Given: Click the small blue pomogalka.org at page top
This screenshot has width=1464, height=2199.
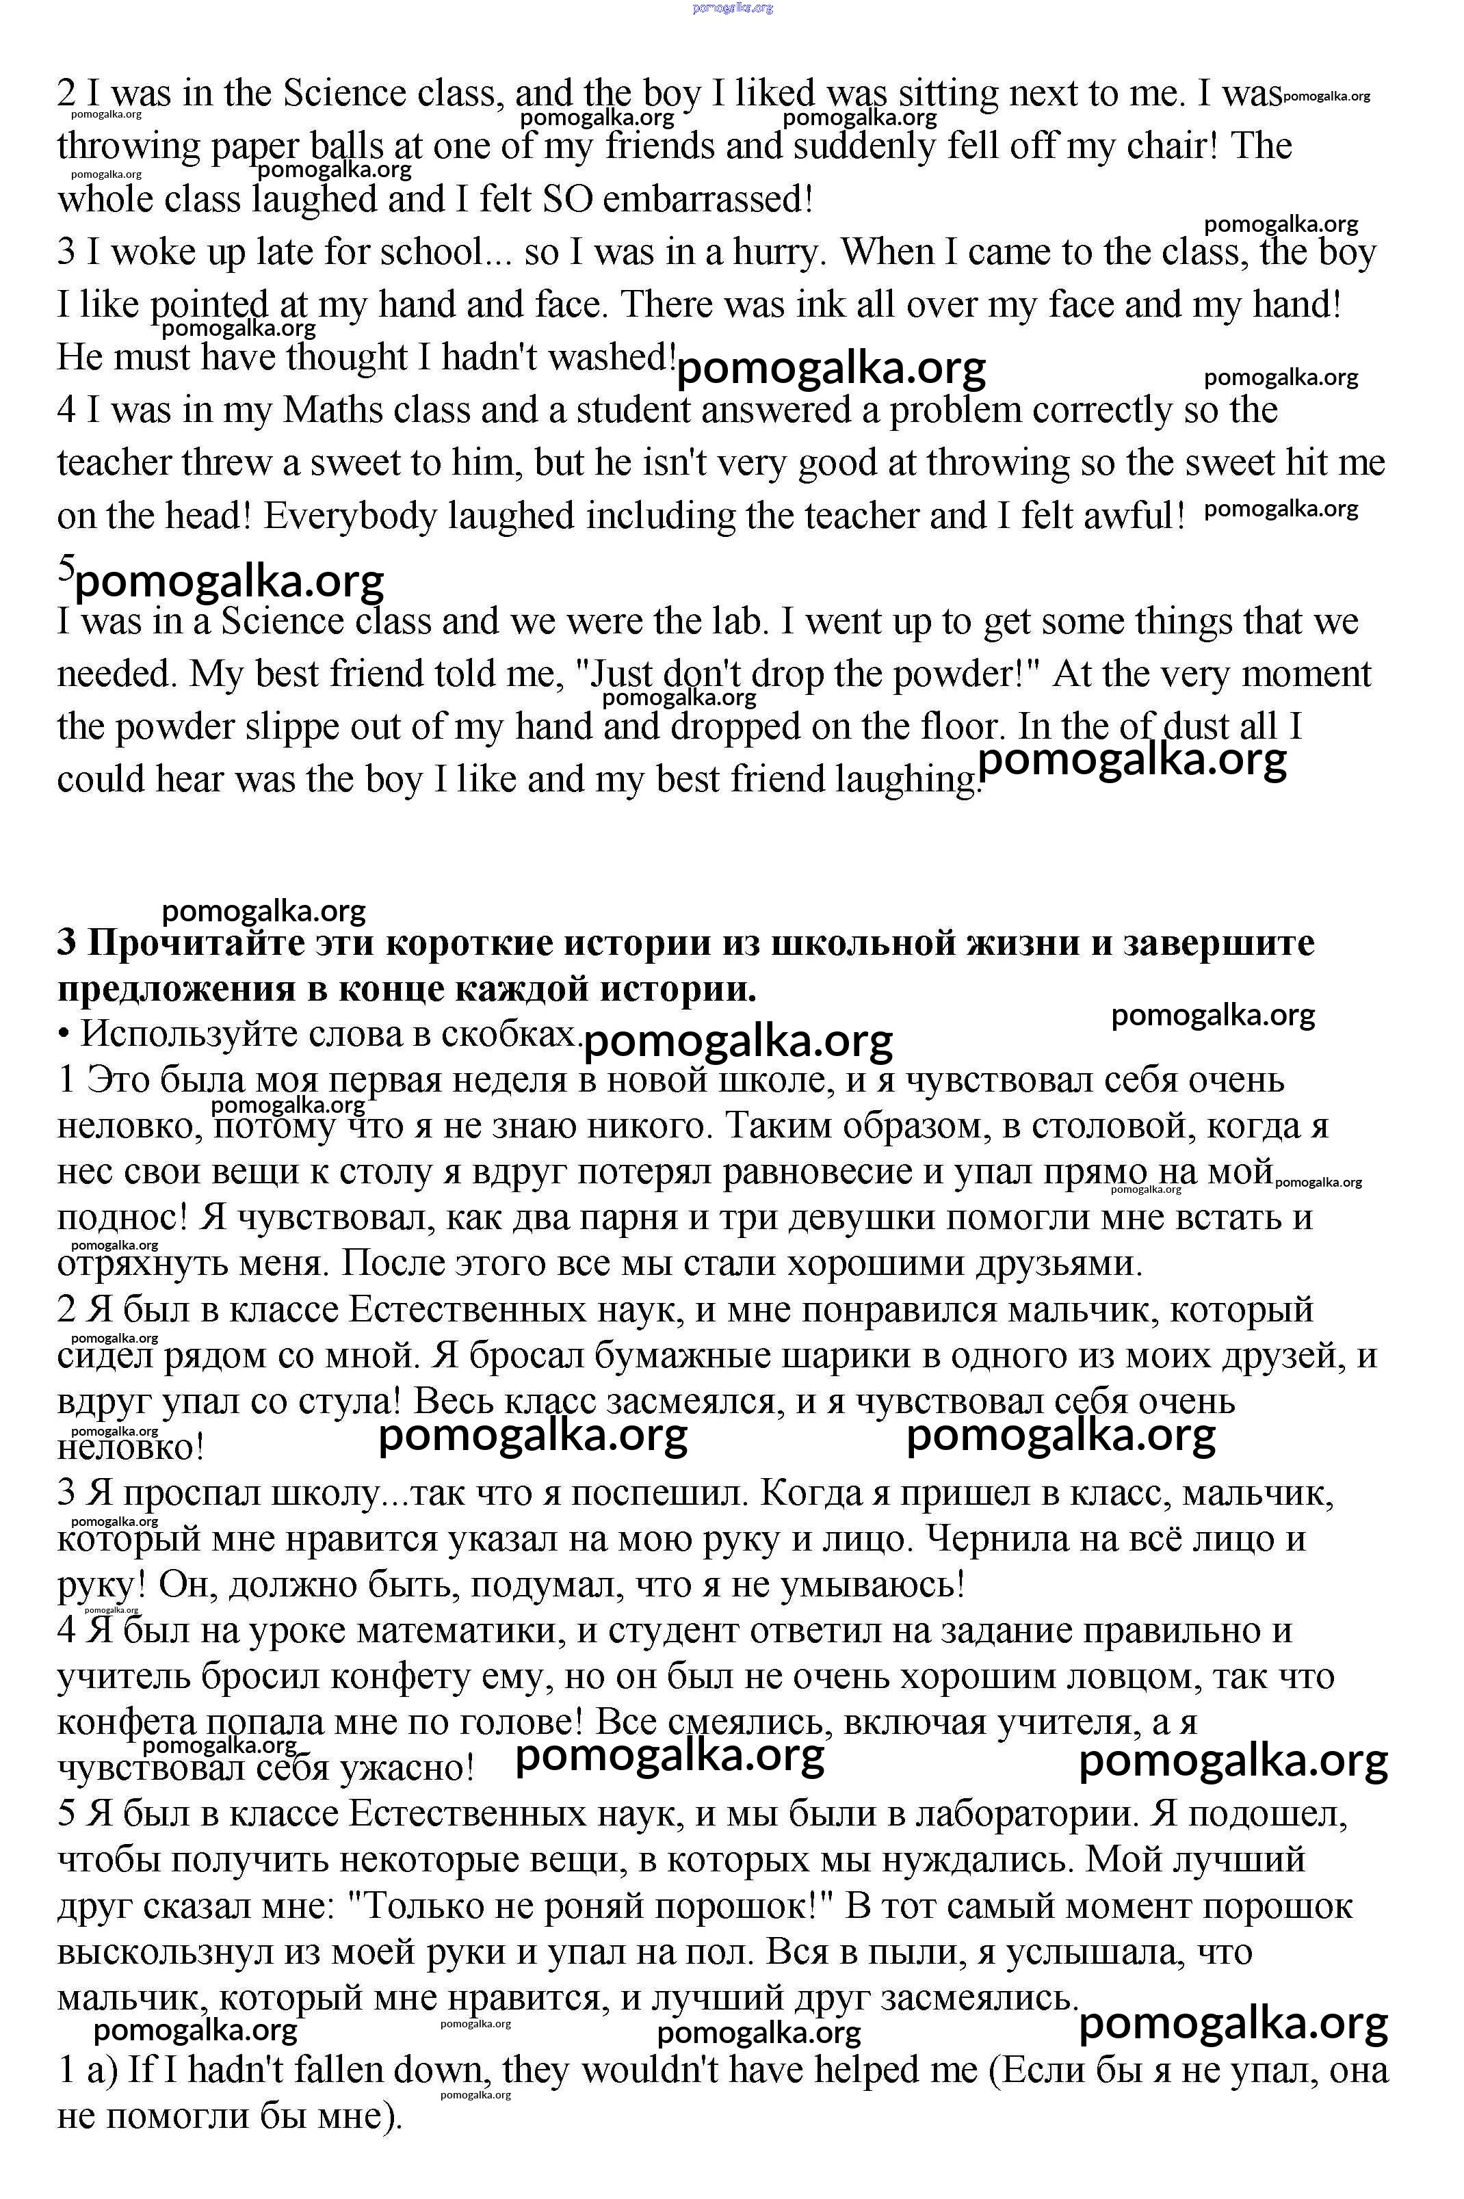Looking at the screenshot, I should coord(732,8).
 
